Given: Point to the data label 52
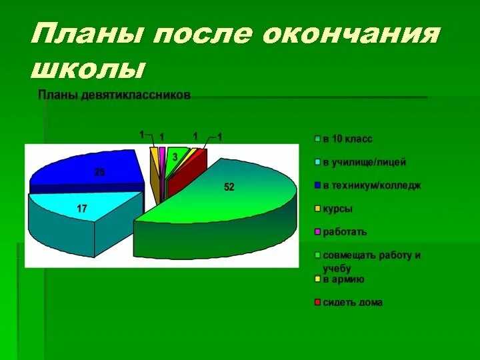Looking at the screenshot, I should coord(229,187).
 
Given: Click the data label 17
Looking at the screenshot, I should coord(82,209).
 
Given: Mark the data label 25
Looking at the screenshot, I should coord(99,172).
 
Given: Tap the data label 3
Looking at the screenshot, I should coord(175,156).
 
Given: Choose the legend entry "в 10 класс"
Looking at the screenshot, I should coord(347,139).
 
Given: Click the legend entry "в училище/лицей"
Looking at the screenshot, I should coord(364,162).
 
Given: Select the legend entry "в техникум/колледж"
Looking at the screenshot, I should coord(371,185).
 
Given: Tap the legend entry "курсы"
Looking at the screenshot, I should coord(337,209).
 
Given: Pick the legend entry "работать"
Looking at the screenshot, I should coord(345,232).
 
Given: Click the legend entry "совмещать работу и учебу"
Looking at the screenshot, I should coord(371,261).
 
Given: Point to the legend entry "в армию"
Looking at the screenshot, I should coord(343,279).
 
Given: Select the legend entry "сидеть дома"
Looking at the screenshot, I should coord(353,303).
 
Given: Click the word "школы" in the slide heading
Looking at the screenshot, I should coord(88,68).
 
